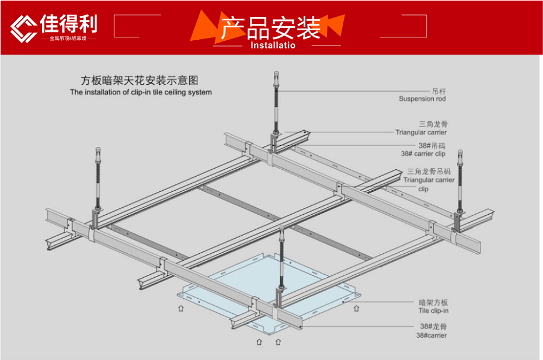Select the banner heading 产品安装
[270, 27]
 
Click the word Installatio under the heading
[273, 45]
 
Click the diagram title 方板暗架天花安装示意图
[140, 81]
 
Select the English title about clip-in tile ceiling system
[141, 92]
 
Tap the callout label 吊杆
[438, 92]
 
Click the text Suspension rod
[422, 99]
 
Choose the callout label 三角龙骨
[433, 124]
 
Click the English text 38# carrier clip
[423, 154]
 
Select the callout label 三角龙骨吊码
[429, 172]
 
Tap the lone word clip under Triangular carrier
[423, 189]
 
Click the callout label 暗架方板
[433, 303]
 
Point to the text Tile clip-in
[433, 311]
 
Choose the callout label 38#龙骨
[433, 327]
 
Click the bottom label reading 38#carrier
[431, 335]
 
